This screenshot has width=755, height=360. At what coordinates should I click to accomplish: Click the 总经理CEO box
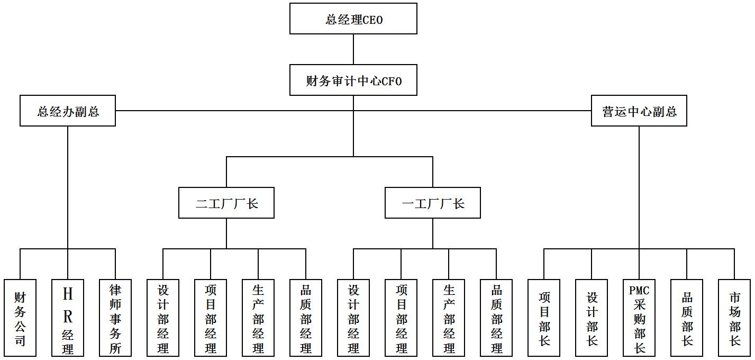click(x=353, y=19)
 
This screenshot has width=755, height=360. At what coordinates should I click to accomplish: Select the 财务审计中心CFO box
click(x=353, y=80)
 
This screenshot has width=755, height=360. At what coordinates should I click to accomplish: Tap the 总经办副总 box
click(x=68, y=111)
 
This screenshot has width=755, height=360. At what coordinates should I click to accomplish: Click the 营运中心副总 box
click(x=639, y=111)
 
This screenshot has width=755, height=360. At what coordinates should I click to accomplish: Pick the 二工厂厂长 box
click(x=226, y=203)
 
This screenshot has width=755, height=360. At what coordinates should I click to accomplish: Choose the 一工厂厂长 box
click(x=432, y=203)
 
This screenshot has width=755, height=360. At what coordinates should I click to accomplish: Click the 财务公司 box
click(x=20, y=318)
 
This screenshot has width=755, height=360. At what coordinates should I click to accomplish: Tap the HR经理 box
click(x=68, y=318)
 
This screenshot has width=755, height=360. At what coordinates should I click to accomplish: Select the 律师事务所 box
click(x=115, y=318)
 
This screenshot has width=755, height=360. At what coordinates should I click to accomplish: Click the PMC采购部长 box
click(x=639, y=318)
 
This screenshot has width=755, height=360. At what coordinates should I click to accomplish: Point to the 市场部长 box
click(x=734, y=318)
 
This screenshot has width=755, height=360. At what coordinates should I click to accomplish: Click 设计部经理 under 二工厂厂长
click(x=163, y=318)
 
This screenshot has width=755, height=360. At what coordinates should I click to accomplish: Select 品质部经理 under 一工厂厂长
click(x=496, y=318)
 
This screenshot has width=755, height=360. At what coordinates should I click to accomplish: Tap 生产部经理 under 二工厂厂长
click(x=258, y=318)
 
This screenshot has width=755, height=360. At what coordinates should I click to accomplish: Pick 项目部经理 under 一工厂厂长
click(x=401, y=318)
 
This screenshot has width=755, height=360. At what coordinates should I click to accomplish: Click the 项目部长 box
click(x=544, y=318)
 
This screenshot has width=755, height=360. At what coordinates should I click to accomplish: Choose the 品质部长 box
click(x=687, y=318)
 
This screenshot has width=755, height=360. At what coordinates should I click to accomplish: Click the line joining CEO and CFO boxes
click(x=353, y=49)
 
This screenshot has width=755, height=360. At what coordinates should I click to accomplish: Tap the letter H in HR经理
click(x=68, y=294)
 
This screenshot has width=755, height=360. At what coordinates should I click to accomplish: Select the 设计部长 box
click(x=592, y=318)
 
